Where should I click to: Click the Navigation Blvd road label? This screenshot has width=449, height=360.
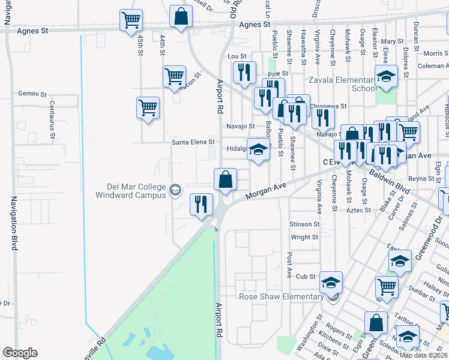click(x=13, y=221)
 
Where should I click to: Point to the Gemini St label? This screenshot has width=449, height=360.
click(x=32, y=94)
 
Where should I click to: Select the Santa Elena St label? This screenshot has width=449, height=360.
click(x=193, y=142)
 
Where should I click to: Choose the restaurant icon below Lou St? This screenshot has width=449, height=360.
click(x=244, y=73)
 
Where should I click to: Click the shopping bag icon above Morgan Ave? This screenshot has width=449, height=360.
click(x=225, y=179)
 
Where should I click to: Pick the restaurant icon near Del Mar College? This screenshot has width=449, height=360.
click(x=201, y=204)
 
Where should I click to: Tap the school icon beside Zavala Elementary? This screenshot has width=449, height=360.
click(x=387, y=76)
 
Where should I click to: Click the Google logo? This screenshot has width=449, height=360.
click(x=20, y=353)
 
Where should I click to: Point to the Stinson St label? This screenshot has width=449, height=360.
click(x=304, y=224)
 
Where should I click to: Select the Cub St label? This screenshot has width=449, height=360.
click(x=305, y=276)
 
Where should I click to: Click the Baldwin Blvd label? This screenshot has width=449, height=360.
click(x=390, y=182)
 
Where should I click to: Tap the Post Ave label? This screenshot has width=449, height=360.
click(x=289, y=260)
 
